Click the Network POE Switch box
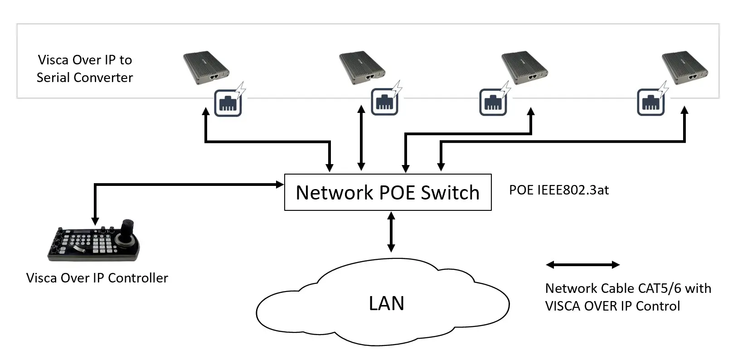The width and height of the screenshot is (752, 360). click(x=388, y=192)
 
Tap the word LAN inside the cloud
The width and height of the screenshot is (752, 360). click(x=386, y=303)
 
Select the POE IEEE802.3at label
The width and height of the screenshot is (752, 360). click(x=558, y=190)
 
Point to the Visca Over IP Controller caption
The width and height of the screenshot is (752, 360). click(x=97, y=278)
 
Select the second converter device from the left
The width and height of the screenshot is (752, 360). click(x=362, y=68)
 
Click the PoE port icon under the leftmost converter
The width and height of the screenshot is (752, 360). click(x=228, y=102)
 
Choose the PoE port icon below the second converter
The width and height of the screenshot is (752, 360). click(x=385, y=102)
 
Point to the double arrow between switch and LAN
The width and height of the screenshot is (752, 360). click(x=391, y=232)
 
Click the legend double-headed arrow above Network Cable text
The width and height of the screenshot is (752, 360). click(x=582, y=265)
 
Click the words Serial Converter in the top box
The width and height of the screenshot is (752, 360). click(x=85, y=78)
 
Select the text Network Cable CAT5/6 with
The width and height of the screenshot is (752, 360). click(x=628, y=288)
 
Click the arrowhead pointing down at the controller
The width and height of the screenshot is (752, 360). click(x=95, y=221)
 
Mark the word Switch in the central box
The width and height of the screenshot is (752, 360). click(x=450, y=193)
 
